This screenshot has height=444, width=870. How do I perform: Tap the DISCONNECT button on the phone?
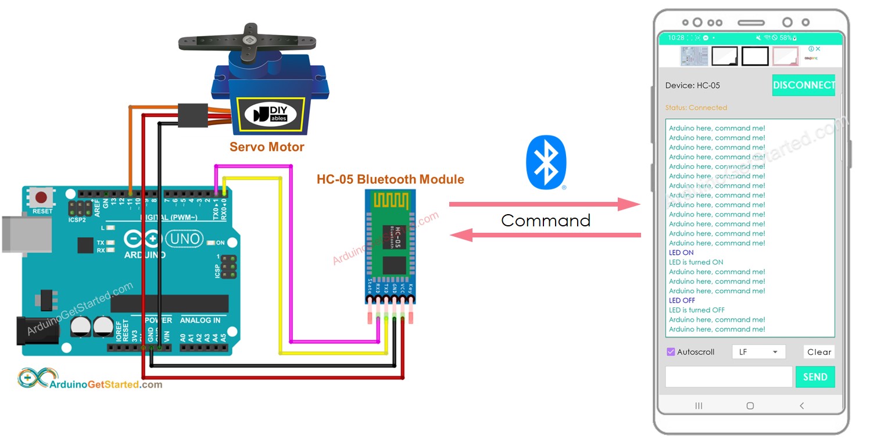click(803, 86)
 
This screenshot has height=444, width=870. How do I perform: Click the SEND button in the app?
click(815, 377)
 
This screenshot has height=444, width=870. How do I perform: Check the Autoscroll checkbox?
click(671, 352)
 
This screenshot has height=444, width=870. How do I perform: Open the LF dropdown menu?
click(758, 352)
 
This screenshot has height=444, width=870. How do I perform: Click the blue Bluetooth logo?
click(546, 162)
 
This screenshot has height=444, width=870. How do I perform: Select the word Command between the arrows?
click(546, 221)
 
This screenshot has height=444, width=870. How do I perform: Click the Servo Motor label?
click(267, 147)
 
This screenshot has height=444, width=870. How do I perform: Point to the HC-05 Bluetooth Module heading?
click(390, 179)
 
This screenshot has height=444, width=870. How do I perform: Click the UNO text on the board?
click(185, 239)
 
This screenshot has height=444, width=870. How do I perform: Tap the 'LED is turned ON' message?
click(696, 262)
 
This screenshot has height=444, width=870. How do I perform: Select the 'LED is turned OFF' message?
click(696, 310)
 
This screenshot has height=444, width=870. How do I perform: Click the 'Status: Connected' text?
click(696, 108)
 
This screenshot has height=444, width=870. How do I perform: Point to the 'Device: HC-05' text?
click(692, 86)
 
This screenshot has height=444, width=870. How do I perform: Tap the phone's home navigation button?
click(750, 406)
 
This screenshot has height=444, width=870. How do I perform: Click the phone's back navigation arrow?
click(801, 406)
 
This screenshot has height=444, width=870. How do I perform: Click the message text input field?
click(728, 377)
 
